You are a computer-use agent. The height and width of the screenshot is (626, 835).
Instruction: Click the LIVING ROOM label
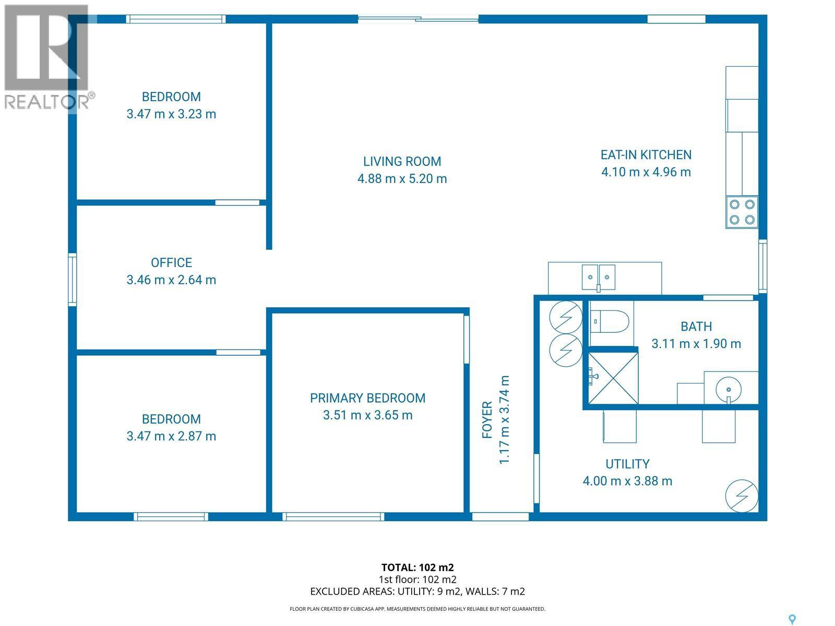point(402,161)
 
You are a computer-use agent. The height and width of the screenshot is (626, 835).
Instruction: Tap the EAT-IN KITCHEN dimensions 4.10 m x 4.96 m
point(646,172)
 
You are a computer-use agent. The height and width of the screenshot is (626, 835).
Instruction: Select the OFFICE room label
point(171,262)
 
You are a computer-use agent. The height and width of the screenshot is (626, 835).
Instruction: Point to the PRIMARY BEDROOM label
point(367,398)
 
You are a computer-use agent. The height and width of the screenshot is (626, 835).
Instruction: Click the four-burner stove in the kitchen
point(742,212)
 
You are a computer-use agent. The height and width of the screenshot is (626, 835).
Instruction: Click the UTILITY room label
point(627,464)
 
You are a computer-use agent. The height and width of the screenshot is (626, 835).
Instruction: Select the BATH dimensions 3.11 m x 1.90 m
point(696,343)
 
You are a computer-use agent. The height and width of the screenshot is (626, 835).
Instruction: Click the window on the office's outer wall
point(73,279)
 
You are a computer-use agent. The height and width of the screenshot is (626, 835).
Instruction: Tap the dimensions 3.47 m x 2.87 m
point(171,436)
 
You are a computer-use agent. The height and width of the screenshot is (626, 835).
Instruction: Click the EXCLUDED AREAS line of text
point(417,591)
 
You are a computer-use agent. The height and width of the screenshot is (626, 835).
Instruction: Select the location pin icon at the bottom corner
point(792,619)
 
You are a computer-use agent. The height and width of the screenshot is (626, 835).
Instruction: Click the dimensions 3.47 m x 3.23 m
point(171,114)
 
